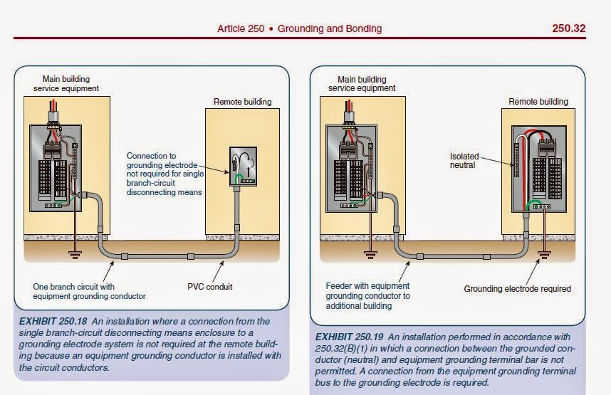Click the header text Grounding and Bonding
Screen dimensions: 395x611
point(330,28)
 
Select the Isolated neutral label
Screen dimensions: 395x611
point(465,159)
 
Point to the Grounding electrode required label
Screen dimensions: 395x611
point(518,289)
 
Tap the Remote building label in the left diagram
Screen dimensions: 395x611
point(243,102)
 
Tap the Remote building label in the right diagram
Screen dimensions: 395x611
point(538,102)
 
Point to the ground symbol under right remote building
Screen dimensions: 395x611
point(543,251)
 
